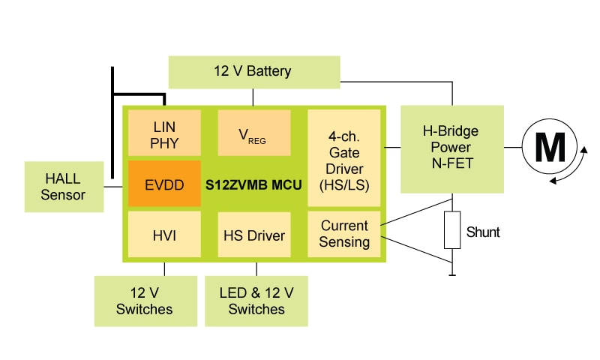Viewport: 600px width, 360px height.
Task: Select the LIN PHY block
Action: point(164,133)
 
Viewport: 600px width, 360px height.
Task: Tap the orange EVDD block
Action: point(164,182)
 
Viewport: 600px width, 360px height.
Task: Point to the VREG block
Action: point(254,133)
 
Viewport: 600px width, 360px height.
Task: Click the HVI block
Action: point(164,235)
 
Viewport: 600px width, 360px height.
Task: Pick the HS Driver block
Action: point(254,235)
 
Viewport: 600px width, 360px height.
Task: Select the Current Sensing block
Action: point(344,234)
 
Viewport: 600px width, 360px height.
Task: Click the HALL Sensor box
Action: point(64,186)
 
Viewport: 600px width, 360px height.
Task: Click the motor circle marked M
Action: point(550,148)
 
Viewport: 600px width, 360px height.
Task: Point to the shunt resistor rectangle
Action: point(451,230)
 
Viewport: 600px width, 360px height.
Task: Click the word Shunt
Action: point(482,232)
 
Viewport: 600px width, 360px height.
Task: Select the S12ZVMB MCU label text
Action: point(254,182)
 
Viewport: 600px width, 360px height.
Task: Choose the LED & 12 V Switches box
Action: point(256,300)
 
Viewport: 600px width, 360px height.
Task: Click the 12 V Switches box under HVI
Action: point(143,300)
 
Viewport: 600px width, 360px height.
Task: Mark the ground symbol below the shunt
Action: point(451,276)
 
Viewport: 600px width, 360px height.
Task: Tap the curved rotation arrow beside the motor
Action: point(578,166)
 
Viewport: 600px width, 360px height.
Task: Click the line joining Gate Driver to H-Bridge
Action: point(393,148)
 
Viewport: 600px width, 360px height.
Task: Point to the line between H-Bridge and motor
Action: point(513,148)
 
